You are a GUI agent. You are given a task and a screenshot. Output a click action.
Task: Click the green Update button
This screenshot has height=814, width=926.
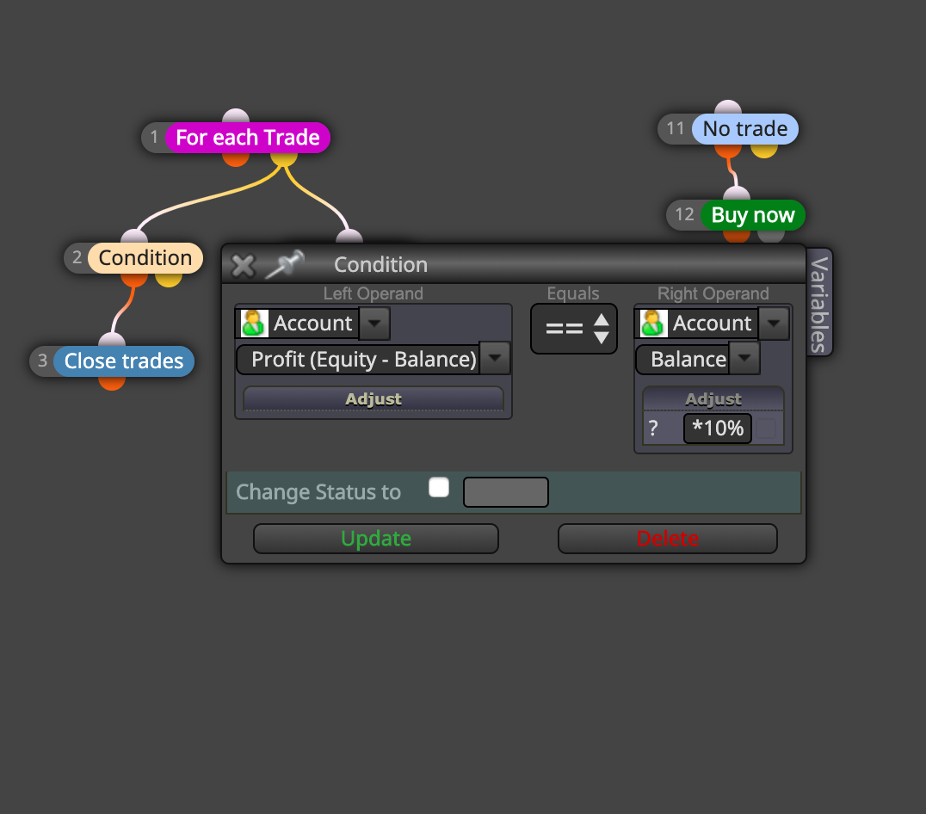pyautogui.click(x=375, y=539)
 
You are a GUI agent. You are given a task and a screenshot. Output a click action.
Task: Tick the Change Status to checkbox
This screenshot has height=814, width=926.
pyautogui.click(x=439, y=488)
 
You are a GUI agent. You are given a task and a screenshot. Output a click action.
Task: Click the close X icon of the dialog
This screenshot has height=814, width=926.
pyautogui.click(x=243, y=266)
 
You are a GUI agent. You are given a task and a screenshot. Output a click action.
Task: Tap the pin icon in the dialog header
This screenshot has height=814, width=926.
pyautogui.click(x=285, y=264)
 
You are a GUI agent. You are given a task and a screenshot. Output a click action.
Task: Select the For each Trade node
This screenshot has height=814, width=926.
pyautogui.click(x=248, y=138)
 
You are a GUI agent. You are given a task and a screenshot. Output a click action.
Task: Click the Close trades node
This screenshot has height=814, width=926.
pyautogui.click(x=123, y=361)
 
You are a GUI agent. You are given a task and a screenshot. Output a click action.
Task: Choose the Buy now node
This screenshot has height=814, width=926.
pyautogui.click(x=752, y=215)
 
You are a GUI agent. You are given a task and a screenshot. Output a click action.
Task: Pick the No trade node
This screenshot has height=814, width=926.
pyautogui.click(x=744, y=129)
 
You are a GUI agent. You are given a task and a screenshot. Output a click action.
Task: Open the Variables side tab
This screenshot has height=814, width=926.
pyautogui.click(x=819, y=303)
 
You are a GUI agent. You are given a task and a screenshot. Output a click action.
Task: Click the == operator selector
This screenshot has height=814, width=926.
pyautogui.click(x=574, y=329)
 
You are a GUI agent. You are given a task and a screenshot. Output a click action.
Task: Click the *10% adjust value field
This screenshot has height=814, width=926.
pyautogui.click(x=718, y=428)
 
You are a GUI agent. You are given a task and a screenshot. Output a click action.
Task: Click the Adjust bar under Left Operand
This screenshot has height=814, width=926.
pyautogui.click(x=373, y=399)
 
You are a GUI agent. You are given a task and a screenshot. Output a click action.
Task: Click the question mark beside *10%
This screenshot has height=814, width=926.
pyautogui.click(x=653, y=428)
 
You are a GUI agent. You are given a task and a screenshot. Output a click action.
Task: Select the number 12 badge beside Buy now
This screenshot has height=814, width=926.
pyautogui.click(x=684, y=214)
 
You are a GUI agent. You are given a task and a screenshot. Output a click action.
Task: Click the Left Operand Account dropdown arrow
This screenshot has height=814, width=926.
pyautogui.click(x=373, y=324)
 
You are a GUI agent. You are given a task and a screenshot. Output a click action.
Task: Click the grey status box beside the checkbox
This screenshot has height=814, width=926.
pyautogui.click(x=505, y=492)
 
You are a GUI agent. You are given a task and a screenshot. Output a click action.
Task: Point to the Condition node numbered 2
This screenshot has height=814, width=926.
pyautogui.click(x=145, y=258)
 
